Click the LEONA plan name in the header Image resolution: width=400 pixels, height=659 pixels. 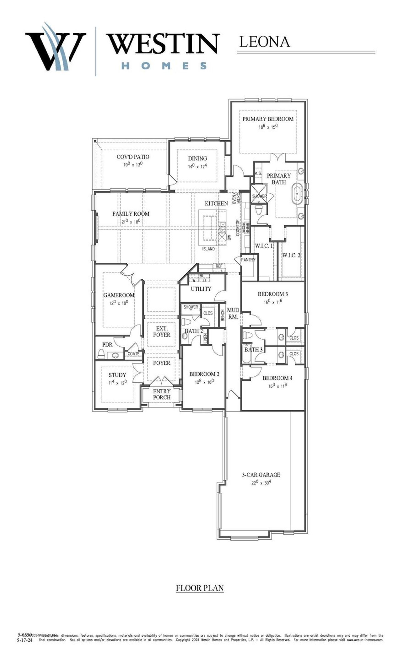pos(264,42)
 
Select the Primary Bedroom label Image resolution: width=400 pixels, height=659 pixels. pos(268,119)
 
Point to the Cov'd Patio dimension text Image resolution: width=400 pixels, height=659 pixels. pos(133,164)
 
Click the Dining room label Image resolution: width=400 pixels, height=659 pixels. pos(197,159)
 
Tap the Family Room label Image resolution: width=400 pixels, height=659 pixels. pos(131,214)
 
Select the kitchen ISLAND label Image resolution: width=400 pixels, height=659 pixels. pos(208,249)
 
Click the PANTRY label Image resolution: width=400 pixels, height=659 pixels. pos(248,260)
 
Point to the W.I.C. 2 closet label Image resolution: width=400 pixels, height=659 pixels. pos(291,255)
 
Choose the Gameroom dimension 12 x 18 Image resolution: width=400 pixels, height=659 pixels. pos(119,303)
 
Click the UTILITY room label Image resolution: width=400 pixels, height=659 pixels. pos(201,289)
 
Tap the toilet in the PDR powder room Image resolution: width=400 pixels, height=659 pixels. pos(101,354)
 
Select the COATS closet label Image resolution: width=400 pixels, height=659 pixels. pos(133,354)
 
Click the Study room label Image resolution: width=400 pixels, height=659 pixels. pos(117,375)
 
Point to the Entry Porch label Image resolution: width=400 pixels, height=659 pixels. pos(162,394)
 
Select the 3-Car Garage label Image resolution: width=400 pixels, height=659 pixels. pos(261,475)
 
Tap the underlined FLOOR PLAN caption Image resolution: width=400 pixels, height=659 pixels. pos(200,588)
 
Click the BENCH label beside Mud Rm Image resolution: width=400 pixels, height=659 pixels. pos(222,316)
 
